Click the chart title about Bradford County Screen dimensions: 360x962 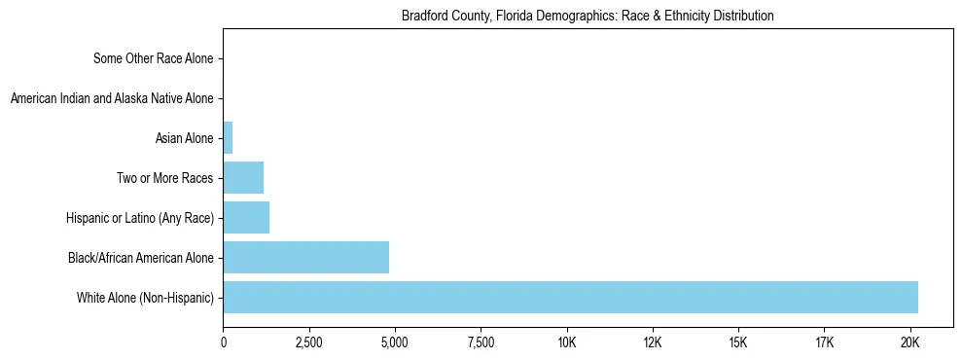588,16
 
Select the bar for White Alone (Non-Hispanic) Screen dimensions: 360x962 570,297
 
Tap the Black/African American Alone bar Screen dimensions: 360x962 306,257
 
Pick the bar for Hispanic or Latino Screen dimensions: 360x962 246,218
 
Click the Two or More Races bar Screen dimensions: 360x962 243,178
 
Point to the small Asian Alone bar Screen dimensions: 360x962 228,138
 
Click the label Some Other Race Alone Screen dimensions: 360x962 153,58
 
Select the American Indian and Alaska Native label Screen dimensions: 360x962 111,98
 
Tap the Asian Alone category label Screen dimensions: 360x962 184,138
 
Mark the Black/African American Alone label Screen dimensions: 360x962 140,258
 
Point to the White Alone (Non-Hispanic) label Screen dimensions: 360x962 145,297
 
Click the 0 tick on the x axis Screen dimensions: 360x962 224,342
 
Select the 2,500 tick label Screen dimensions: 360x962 309,342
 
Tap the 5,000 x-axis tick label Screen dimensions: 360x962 395,342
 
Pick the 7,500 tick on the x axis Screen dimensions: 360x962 481,342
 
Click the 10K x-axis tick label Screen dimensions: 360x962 567,342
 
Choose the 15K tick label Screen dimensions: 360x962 738,342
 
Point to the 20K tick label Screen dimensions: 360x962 909,342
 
